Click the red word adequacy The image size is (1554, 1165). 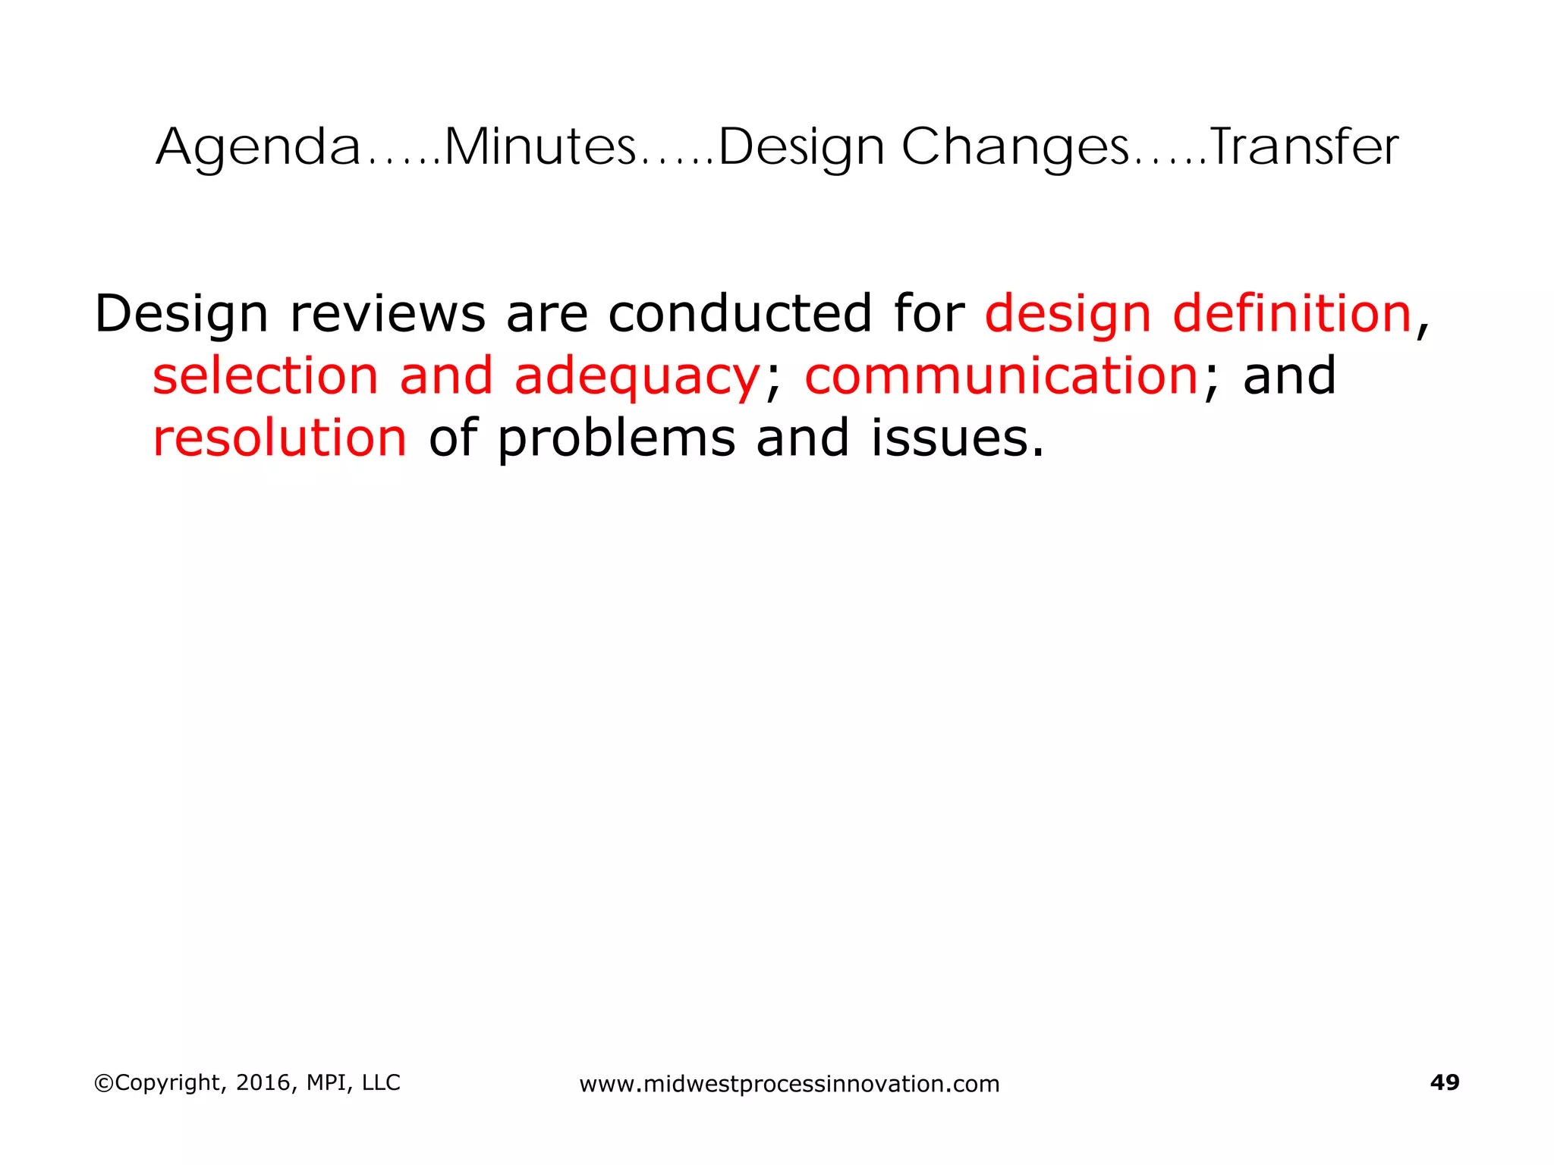637,377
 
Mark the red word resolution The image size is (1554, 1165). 280,438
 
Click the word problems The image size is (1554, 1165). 617,439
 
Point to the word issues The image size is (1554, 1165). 957,438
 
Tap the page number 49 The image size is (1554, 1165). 1444,1082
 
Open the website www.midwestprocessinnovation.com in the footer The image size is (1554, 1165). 789,1084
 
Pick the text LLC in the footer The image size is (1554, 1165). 381,1082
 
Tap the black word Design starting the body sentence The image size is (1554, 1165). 181,315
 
